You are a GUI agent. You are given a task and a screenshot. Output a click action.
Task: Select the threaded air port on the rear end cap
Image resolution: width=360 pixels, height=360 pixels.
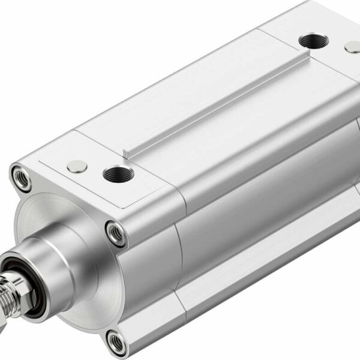[312, 41]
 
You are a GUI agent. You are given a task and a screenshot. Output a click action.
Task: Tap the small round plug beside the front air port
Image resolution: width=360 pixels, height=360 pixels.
[76, 166]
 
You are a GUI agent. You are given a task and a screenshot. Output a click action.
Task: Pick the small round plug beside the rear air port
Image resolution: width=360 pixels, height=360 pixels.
[352, 46]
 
